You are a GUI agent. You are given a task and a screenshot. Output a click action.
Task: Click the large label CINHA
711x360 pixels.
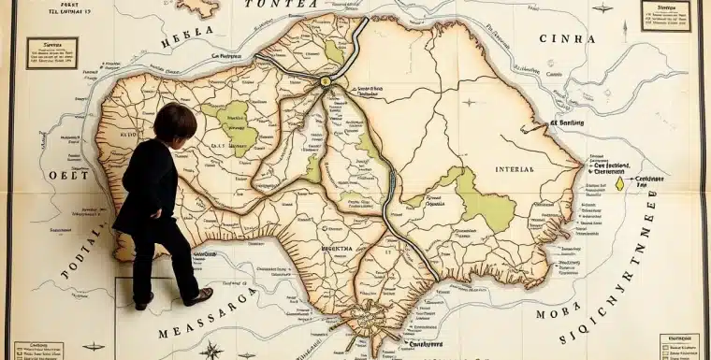568,39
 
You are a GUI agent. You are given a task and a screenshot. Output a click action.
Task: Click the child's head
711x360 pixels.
175,122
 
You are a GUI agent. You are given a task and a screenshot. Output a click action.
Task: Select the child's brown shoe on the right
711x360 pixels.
199,296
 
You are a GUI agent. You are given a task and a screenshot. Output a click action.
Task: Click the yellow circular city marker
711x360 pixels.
326,82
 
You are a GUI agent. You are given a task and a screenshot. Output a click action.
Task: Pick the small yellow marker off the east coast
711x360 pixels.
618,184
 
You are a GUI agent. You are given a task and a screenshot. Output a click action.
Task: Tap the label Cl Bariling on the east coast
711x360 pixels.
567,122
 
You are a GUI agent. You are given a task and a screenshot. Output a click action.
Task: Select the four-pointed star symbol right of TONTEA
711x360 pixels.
602,8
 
